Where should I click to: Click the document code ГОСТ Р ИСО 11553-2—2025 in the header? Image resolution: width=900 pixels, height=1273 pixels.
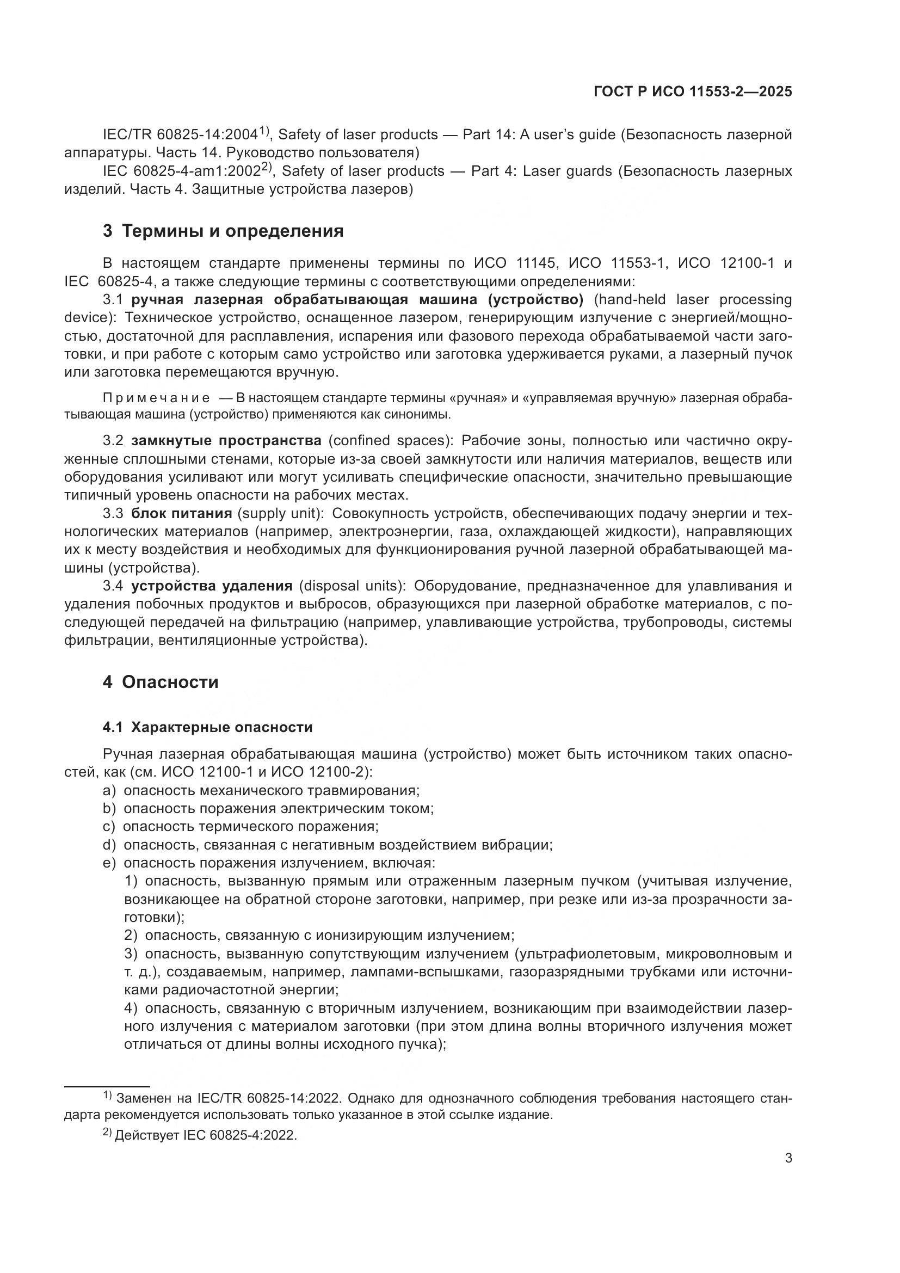(692, 91)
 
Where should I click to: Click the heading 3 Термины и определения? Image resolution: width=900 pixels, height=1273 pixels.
(223, 231)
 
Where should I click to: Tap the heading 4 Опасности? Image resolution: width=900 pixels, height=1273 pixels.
(160, 682)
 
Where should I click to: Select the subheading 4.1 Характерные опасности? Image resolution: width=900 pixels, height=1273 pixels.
(207, 727)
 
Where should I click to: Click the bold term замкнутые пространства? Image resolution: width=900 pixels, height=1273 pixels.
(226, 441)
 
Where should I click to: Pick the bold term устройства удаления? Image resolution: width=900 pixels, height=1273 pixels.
(212, 586)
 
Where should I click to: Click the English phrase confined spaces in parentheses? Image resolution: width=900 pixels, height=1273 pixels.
(387, 441)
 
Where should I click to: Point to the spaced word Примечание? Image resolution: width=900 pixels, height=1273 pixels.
(156, 398)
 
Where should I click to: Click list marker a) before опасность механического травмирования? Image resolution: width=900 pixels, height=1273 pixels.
(109, 790)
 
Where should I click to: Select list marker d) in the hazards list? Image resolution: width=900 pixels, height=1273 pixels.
(109, 845)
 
